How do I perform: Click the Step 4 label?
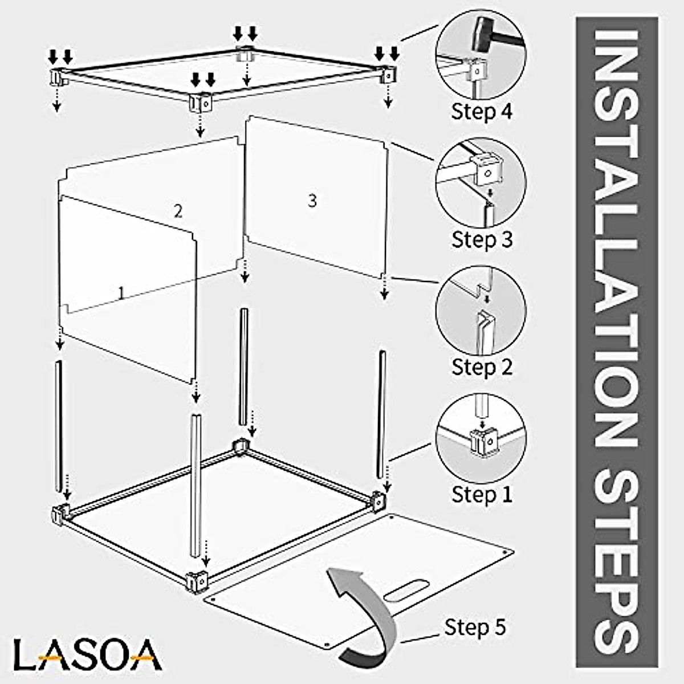pos(482,111)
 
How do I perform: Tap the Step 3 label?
pos(482,239)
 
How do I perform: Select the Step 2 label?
pos(482,367)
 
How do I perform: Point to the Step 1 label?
pos(482,494)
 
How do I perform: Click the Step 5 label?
pos(475,627)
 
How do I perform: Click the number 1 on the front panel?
pos(121,293)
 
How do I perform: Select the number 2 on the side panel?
pos(178,211)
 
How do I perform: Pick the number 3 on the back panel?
pos(312,201)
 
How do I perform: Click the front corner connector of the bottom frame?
pos(197,580)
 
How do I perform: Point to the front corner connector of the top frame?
pos(200,103)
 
